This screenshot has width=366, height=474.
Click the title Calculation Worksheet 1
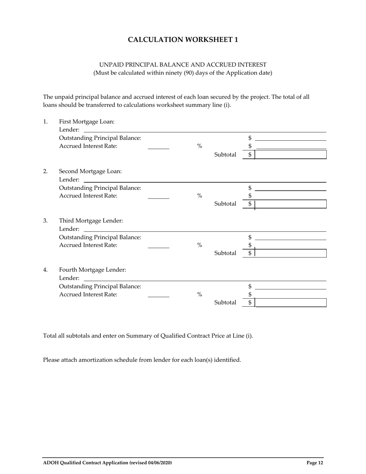point(183,40)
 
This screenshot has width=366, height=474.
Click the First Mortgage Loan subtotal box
point(290,155)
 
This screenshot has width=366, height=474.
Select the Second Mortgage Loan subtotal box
point(290,204)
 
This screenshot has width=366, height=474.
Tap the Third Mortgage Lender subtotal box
point(290,253)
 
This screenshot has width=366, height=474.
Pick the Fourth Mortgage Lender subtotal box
point(290,303)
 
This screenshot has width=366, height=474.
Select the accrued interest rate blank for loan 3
point(158,246)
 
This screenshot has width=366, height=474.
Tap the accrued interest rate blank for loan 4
point(158,295)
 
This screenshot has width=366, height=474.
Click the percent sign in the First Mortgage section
point(200,146)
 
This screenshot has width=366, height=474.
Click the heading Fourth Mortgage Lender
point(92,270)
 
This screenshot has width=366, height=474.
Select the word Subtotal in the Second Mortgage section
point(225,204)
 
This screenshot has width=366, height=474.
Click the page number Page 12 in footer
point(315,463)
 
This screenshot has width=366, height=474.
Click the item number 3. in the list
point(45,220)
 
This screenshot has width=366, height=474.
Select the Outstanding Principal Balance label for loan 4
point(100,286)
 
